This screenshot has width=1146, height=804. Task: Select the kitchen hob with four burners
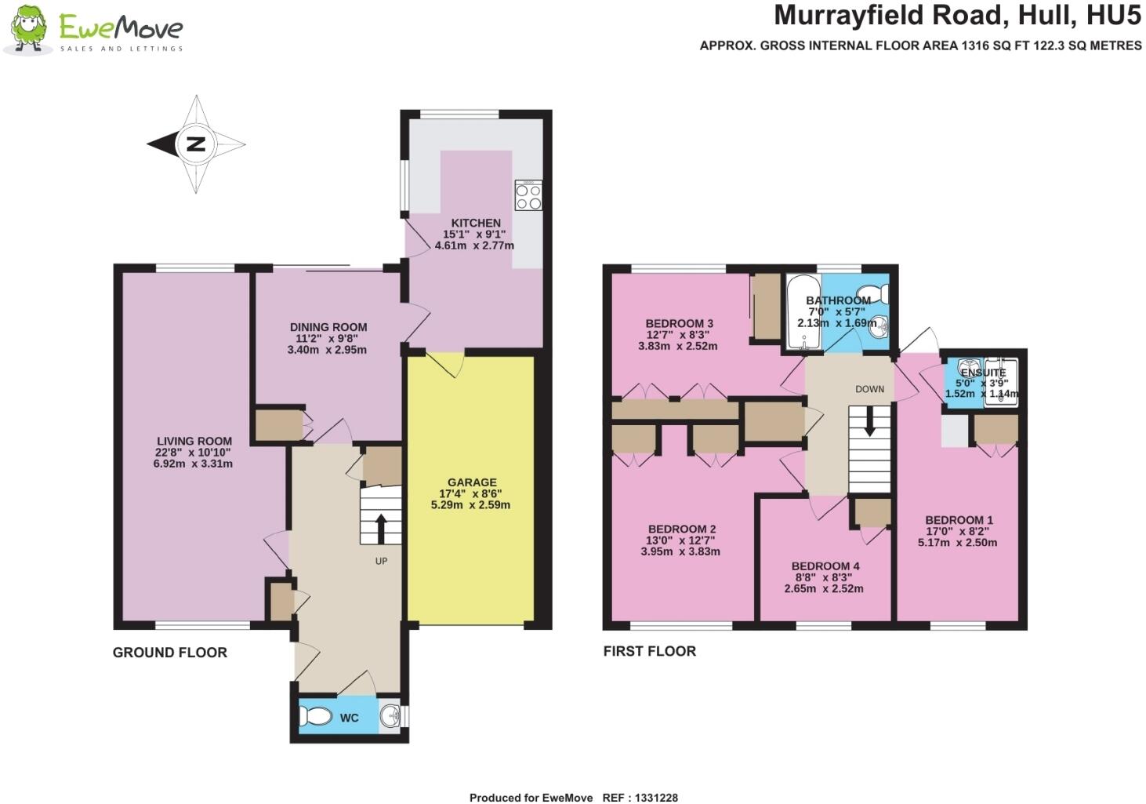pos(528,195)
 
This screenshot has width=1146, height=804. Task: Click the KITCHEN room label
pos(475,224)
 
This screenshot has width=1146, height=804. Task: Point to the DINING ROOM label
pos(328,327)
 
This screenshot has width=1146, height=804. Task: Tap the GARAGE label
pos(472,482)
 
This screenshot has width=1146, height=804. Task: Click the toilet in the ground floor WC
pos(317,716)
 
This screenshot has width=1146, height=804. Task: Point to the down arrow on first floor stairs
pos(869,424)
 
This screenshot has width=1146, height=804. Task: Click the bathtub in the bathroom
pos(802,312)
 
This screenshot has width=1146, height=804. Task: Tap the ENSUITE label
pos(983,373)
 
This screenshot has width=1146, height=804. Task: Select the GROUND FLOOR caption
pos(170,653)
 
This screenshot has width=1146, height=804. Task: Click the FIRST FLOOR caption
pos(650,651)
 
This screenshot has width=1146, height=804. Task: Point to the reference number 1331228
pos(651,798)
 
